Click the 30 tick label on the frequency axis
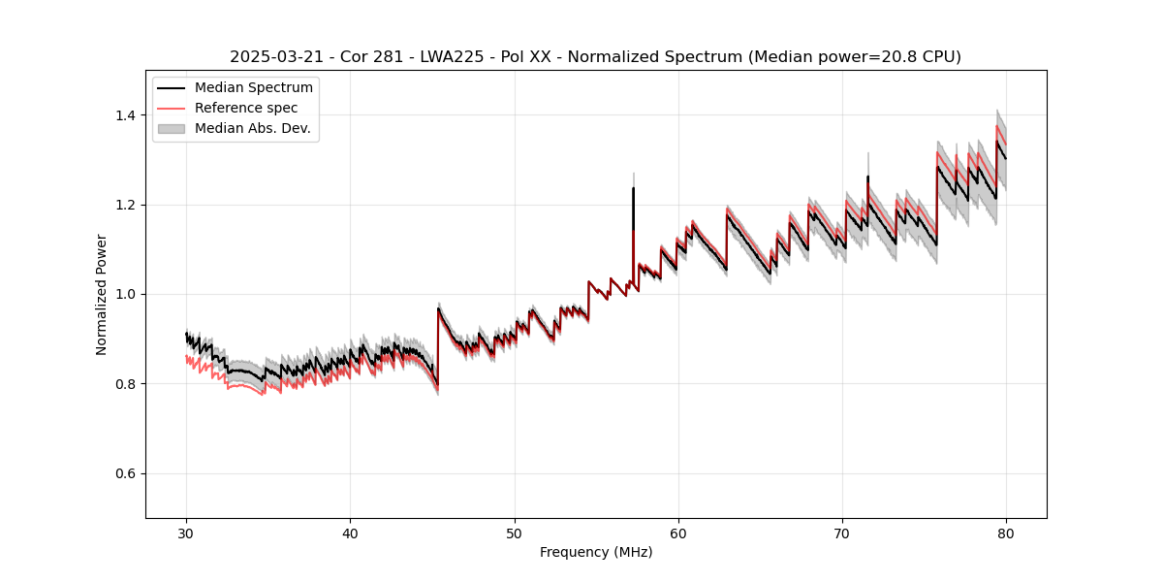186,533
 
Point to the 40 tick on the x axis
350,533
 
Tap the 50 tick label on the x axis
515,533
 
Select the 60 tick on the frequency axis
678,533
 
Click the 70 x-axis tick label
842,533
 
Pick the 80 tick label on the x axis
1006,533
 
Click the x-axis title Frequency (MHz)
596,552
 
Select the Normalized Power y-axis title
102,294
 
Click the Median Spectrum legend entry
254,88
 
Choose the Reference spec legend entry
246,108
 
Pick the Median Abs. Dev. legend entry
252,128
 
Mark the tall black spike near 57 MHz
634,194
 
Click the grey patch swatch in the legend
173,128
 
